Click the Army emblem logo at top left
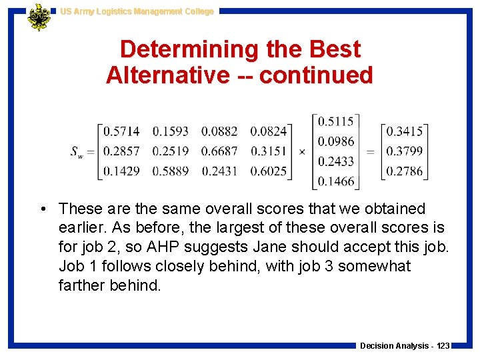pyautogui.click(x=39, y=17)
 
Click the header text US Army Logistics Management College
pyautogui.click(x=136, y=11)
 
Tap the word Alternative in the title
pyautogui.click(x=167, y=75)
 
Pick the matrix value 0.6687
pyautogui.click(x=219, y=151)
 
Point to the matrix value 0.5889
pyautogui.click(x=171, y=171)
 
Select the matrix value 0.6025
pyautogui.click(x=269, y=171)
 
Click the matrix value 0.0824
pyautogui.click(x=269, y=132)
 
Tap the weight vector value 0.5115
pyautogui.click(x=336, y=121)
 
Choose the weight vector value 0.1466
pyautogui.click(x=336, y=181)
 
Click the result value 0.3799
pyautogui.click(x=405, y=151)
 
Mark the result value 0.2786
pyautogui.click(x=405, y=171)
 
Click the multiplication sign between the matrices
pyautogui.click(x=301, y=152)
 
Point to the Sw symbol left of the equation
pyautogui.click(x=77, y=152)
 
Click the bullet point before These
pyautogui.click(x=42, y=209)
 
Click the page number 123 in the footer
pyautogui.click(x=442, y=346)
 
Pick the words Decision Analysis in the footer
pyautogui.click(x=394, y=346)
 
